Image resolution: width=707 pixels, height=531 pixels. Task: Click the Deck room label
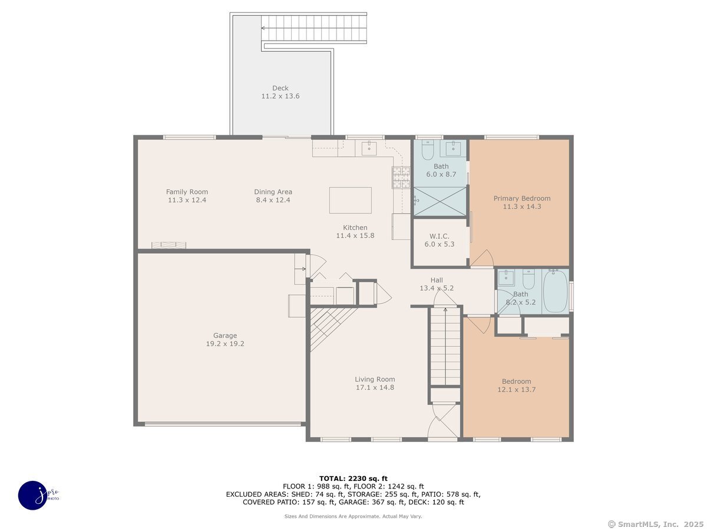[280, 88]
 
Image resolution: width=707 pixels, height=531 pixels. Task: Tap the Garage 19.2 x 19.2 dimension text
[225, 344]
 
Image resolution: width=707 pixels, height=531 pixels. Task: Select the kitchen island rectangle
[350, 200]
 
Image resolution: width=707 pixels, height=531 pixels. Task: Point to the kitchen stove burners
[401, 178]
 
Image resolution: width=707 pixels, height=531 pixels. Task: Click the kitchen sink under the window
[369, 148]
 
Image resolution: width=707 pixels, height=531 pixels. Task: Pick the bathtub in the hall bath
[555, 291]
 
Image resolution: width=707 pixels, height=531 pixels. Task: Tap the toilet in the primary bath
[427, 150]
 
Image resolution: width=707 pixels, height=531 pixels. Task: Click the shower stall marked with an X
[440, 201]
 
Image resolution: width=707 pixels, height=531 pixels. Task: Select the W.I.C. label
[439, 236]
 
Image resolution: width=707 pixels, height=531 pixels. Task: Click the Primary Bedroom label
[522, 198]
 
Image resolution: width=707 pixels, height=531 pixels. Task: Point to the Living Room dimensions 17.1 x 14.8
[375, 388]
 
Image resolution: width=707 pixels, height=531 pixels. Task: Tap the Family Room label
[187, 192]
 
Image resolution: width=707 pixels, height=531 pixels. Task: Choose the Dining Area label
[273, 192]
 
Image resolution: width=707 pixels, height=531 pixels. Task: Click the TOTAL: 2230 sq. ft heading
[353, 478]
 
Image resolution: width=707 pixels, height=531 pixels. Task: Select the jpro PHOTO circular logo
[34, 496]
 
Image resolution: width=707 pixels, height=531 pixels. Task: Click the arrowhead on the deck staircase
[263, 28]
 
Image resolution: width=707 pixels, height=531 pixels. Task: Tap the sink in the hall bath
[506, 277]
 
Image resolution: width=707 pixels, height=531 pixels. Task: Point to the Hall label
[437, 280]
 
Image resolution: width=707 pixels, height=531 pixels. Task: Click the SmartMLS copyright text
[656, 525]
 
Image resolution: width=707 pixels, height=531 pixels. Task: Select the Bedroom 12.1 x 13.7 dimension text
[516, 389]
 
